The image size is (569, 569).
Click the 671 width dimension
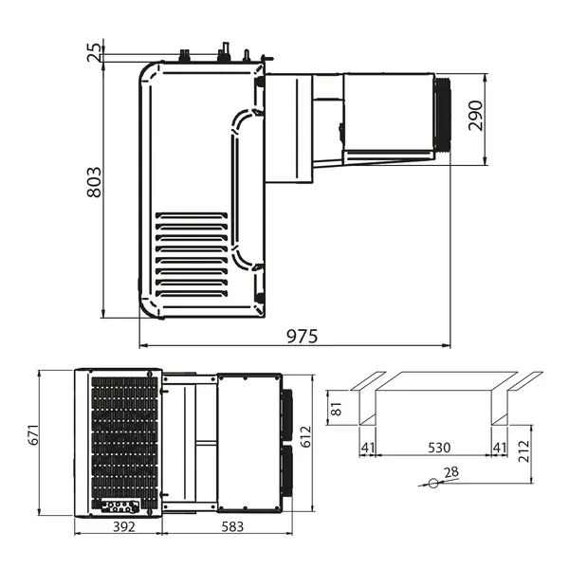pyautogui.click(x=32, y=437)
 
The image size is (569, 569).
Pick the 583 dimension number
pyautogui.click(x=224, y=526)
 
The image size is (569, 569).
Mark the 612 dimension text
pyautogui.click(x=303, y=434)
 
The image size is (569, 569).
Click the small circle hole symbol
pyautogui.click(x=433, y=483)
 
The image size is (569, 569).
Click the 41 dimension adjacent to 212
pyautogui.click(x=498, y=447)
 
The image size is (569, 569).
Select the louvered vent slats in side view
pyautogui.click(x=191, y=252)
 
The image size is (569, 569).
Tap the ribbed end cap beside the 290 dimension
pyautogui.click(x=445, y=114)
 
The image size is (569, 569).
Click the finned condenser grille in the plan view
pyautogui.click(x=124, y=436)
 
